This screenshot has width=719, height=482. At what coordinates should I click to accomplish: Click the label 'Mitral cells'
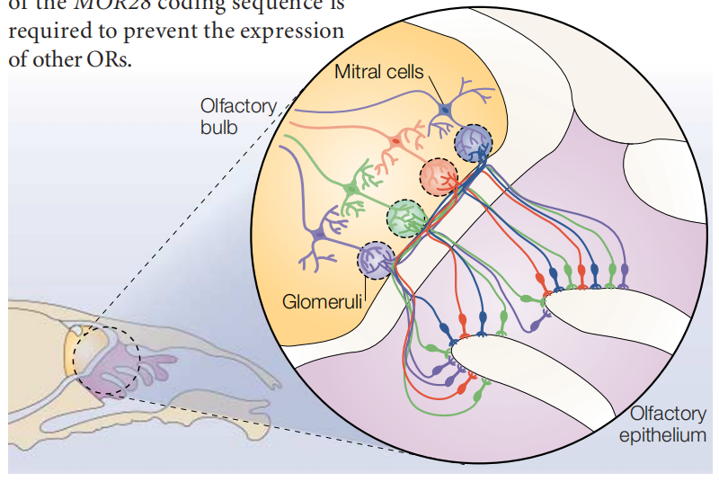coord(378,71)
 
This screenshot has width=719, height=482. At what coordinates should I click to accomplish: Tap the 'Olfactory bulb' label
coord(238,116)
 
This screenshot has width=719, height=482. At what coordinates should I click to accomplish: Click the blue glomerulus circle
coord(473,142)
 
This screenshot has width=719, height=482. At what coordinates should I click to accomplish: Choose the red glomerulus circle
coord(440,176)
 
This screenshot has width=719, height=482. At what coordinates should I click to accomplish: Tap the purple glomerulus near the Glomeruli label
coord(377,261)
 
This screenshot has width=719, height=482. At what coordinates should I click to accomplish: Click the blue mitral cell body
coord(444,111)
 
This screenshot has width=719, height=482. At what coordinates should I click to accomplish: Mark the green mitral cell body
coord(349,188)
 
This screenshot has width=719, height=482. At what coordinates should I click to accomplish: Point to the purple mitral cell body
coord(318,236)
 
